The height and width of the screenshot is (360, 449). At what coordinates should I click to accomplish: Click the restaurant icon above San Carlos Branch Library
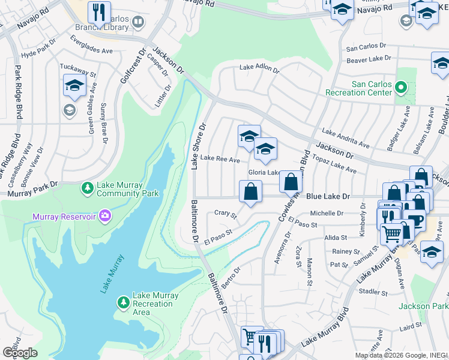coord(98,11)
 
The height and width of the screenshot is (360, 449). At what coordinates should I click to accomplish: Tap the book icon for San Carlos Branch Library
coord(138,23)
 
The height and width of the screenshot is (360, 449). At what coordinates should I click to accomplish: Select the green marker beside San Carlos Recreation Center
coord(401,89)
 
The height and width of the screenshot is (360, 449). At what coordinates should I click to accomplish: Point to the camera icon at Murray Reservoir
coord(105,215)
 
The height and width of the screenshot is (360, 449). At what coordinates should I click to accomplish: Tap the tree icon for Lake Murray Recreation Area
coord(123,300)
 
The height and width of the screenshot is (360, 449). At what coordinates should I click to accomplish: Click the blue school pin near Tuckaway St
coord(74,86)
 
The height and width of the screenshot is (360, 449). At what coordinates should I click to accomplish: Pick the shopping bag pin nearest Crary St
coord(250,192)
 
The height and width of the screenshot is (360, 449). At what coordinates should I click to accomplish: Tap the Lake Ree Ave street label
coord(220,160)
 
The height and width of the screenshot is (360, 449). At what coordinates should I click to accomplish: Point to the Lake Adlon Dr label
coord(259,70)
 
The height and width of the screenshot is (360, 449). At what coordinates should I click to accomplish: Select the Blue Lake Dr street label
coord(328,196)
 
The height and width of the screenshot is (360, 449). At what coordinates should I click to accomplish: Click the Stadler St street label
coord(373,292)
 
